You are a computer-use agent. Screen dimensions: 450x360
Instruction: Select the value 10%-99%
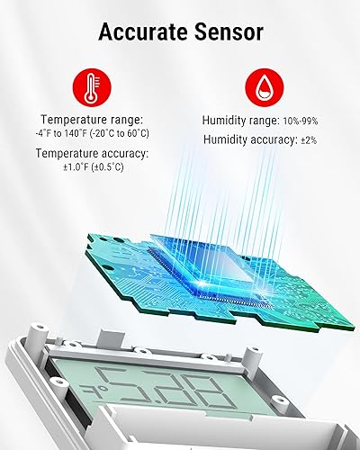click(297, 121)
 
